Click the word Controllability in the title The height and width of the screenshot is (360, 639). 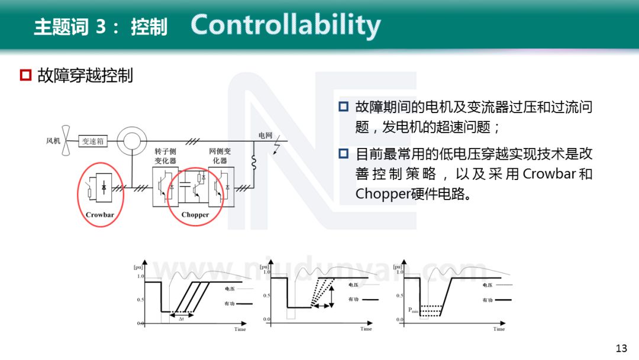pos(285,25)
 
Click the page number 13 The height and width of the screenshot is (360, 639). pos(621,348)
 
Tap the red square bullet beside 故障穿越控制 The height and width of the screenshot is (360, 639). pos(25,75)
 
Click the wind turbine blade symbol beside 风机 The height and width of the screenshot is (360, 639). pos(68,140)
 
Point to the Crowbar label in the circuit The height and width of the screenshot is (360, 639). pos(99,214)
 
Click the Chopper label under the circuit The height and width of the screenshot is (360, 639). pos(195,214)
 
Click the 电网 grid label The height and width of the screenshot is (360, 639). pos(265,135)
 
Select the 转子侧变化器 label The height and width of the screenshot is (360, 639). pos(165,156)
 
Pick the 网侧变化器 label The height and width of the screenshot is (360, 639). pos(220,156)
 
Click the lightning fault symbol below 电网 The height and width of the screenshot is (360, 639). pos(275,147)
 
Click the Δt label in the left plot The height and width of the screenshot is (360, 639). pos(182,319)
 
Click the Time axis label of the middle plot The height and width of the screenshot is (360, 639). pos(366,329)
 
